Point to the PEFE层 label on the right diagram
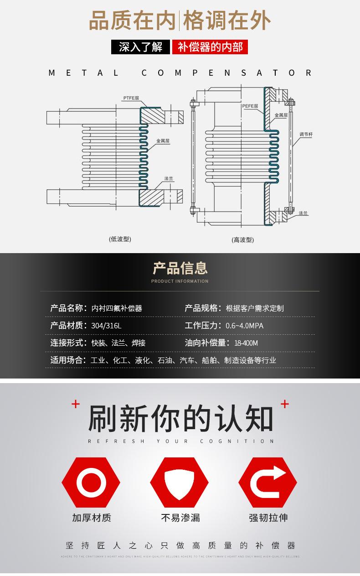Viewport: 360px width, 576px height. click(250, 106)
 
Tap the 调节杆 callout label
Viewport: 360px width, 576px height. click(306, 134)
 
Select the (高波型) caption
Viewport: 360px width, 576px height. click(242, 239)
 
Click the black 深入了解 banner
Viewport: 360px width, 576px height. click(140, 47)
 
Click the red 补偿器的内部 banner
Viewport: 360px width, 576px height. click(210, 47)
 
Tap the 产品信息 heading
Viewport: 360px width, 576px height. click(180, 268)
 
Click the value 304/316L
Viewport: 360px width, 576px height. click(106, 326)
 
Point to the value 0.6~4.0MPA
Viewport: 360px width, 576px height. click(244, 326)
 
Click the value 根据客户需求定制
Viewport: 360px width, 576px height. click(254, 308)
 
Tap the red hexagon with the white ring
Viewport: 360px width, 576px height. click(91, 482)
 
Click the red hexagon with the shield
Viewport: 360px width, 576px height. click(179, 482)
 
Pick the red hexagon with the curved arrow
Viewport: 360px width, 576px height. click(267, 482)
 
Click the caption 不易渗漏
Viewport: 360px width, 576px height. click(180, 518)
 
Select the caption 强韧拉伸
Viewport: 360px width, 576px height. click(268, 518)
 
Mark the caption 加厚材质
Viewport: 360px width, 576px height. click(91, 518)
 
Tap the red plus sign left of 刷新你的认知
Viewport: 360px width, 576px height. click(76, 404)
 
